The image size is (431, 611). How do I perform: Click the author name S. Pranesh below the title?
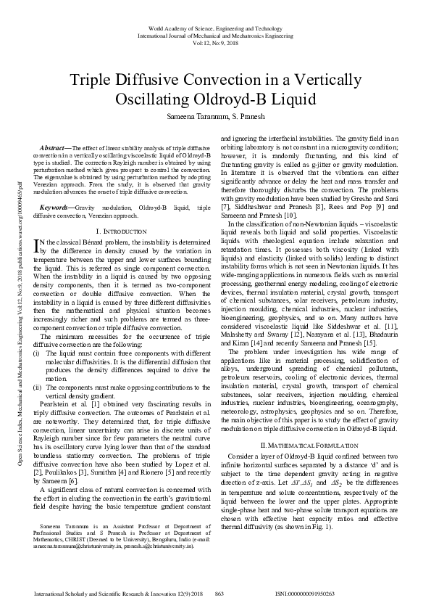point(247,115)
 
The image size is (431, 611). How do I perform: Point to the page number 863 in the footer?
point(219,594)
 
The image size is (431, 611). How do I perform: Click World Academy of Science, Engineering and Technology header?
point(216,26)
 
